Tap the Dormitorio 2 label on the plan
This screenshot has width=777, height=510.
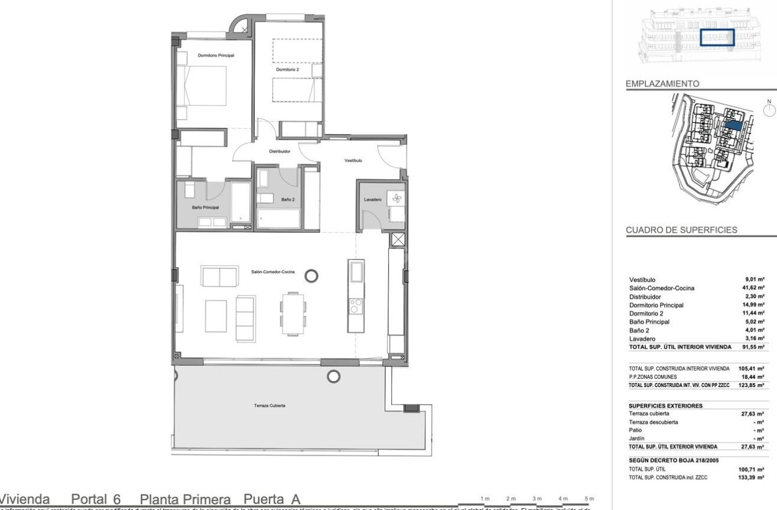click(284, 69)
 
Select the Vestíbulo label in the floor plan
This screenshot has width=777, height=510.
click(353, 160)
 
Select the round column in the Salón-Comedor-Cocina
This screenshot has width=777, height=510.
click(311, 275)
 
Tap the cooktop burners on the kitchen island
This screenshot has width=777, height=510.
click(357, 306)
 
